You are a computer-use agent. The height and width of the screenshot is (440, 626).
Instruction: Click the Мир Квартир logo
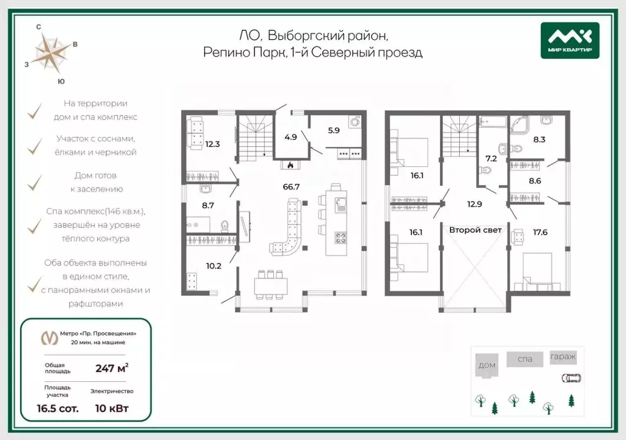(x=570, y=40)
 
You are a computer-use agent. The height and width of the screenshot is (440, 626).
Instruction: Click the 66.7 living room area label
(x=291, y=186)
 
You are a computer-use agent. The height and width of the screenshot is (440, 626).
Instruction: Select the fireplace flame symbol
(x=290, y=164)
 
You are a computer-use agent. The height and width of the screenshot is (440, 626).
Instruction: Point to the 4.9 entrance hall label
(x=290, y=137)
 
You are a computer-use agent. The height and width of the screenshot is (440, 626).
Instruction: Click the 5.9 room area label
(x=334, y=130)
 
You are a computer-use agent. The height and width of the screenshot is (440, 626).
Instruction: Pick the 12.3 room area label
(x=212, y=144)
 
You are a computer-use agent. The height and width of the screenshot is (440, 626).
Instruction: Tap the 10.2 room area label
(x=213, y=266)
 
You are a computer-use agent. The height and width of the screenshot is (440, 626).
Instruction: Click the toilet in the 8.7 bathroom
(x=225, y=226)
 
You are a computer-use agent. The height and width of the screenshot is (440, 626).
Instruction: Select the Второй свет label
(x=475, y=230)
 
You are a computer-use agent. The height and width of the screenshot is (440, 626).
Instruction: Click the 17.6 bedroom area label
(x=540, y=232)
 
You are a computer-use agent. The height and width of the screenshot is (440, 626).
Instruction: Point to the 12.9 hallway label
(x=474, y=205)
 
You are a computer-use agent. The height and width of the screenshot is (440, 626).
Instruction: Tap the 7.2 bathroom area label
(x=491, y=158)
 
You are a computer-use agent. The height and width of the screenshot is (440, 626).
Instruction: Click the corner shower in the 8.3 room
(x=519, y=125)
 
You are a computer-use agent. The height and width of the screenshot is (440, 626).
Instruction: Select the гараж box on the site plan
(x=563, y=356)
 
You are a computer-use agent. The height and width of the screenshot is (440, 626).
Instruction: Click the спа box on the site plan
(x=525, y=359)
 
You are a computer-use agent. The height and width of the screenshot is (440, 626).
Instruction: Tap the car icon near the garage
(x=572, y=378)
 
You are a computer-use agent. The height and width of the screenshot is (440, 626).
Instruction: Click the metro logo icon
(x=50, y=338)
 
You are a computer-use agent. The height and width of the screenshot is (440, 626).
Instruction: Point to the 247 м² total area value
(x=112, y=368)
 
